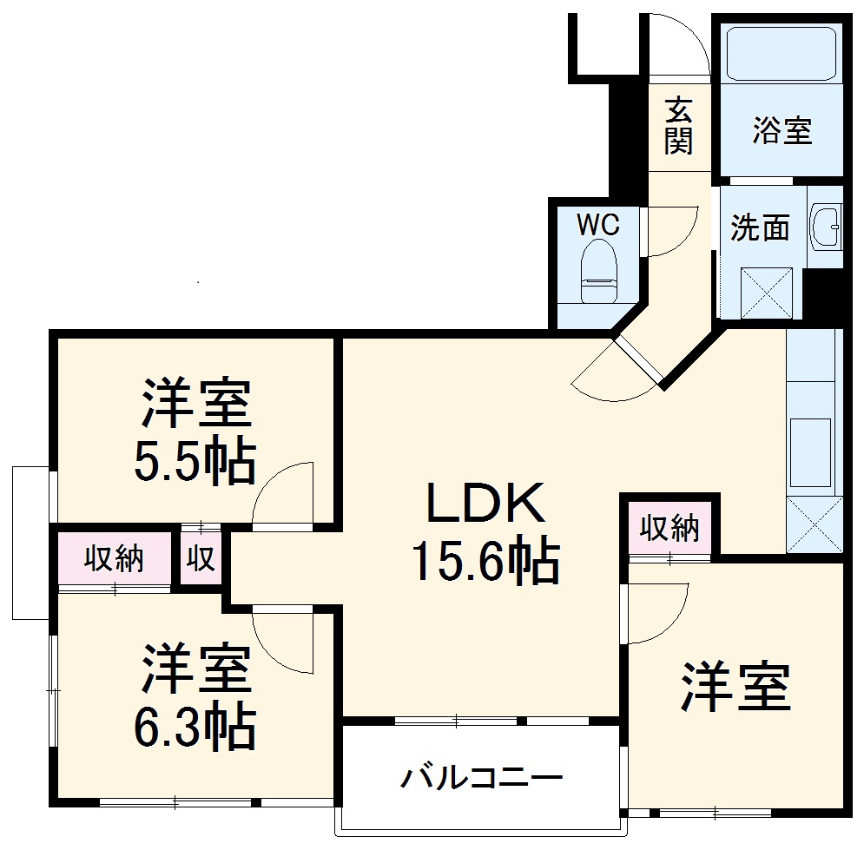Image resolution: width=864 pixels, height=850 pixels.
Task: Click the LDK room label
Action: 484,503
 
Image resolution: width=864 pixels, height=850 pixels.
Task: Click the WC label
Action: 599,226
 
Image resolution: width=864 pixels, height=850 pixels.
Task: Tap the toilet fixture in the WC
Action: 597,269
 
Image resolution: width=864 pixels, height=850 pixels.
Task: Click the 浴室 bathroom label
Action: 782,131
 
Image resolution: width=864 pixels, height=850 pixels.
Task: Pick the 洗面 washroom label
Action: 760,227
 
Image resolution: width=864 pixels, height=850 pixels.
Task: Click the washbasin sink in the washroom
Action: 825,227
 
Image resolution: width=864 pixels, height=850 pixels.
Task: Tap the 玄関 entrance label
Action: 679,126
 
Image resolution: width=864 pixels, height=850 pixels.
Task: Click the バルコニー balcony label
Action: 481,775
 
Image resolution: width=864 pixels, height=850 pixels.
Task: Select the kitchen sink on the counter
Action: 811,452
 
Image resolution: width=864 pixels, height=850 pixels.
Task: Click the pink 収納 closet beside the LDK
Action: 669,528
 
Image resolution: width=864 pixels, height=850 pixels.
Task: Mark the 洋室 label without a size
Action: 735,686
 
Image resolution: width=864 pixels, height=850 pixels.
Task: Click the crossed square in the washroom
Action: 766,293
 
